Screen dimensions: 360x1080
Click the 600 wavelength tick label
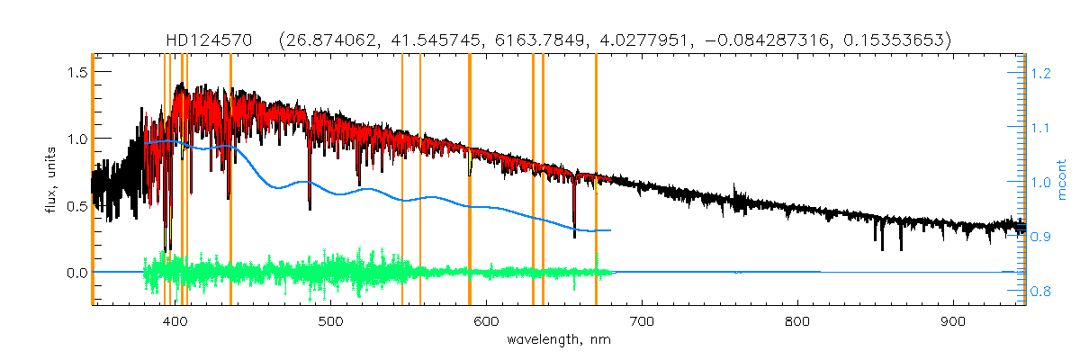click(487, 321)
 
